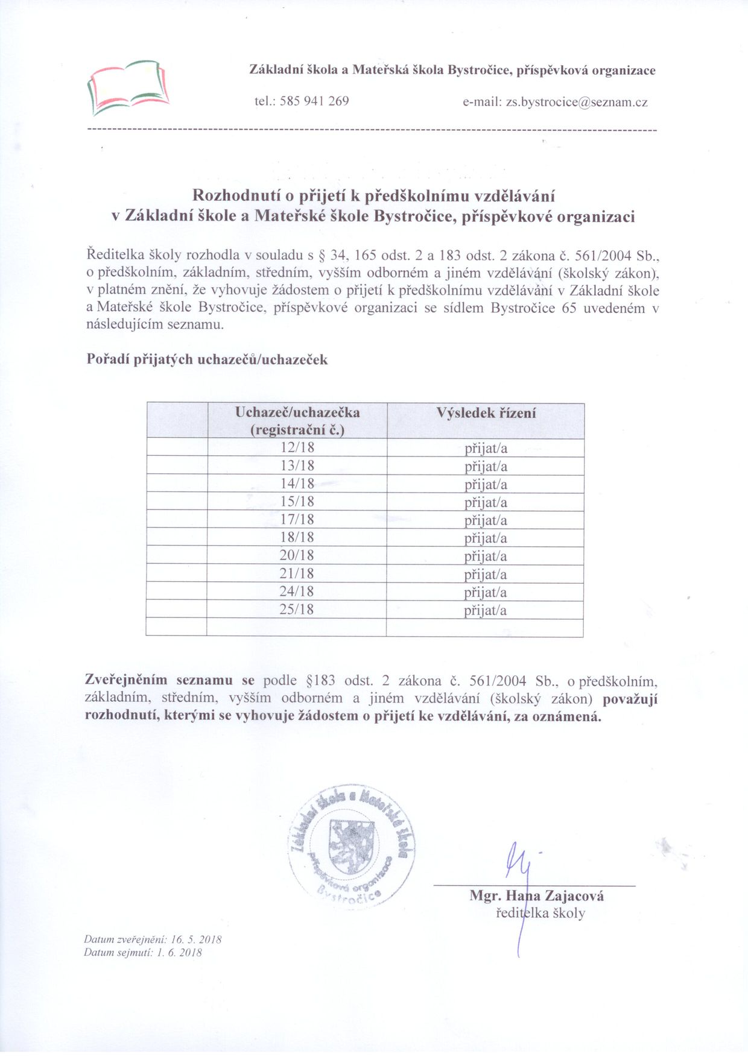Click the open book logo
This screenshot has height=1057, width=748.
[127, 87]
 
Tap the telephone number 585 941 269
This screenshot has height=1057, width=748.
[314, 101]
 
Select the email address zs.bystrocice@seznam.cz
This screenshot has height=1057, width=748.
[576, 102]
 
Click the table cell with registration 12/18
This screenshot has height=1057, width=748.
[297, 448]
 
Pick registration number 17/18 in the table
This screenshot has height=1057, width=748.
[297, 520]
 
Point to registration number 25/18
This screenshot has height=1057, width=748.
[297, 610]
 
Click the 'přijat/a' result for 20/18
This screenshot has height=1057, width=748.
[486, 556]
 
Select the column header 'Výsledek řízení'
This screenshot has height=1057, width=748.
[486, 414]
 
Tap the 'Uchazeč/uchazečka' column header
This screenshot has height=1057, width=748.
[297, 413]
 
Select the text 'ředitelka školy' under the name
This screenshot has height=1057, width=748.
[540, 913]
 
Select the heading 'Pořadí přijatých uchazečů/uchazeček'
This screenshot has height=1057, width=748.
[208, 360]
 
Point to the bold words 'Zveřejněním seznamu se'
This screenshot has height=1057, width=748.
[171, 681]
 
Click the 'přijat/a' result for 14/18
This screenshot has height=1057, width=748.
[486, 485]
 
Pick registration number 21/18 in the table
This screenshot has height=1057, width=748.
[297, 573]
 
